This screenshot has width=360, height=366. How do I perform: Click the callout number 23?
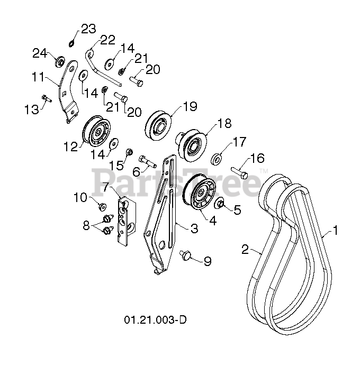(88, 28)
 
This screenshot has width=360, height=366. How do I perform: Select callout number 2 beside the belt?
(245, 250)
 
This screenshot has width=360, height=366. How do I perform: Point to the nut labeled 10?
(102, 205)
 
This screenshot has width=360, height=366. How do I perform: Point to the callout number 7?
(106, 187)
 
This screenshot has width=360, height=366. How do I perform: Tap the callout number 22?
(107, 39)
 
